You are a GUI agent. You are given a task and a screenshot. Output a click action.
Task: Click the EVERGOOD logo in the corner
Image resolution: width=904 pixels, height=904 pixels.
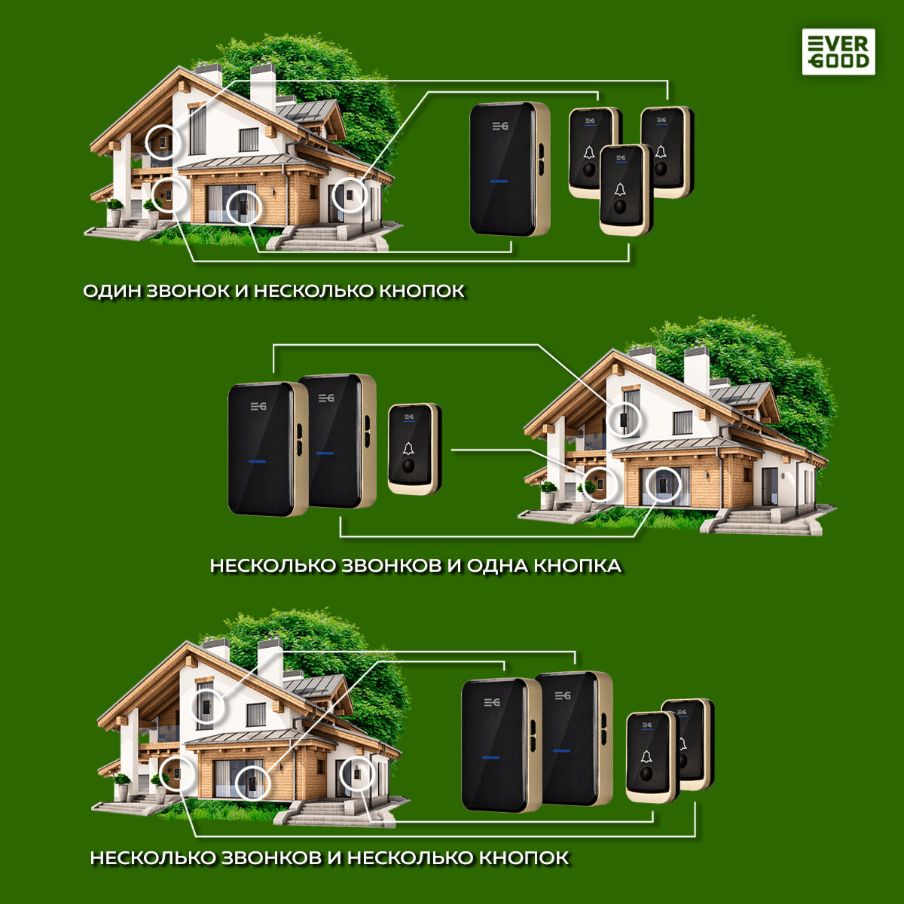[838, 51]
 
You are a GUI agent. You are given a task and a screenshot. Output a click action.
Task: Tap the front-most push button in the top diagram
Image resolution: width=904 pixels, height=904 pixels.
[625, 188]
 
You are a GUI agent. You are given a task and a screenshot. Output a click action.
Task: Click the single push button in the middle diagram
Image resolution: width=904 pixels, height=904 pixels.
[414, 449]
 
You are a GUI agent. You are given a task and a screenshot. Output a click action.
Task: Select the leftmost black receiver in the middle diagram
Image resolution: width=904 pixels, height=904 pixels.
[261, 450]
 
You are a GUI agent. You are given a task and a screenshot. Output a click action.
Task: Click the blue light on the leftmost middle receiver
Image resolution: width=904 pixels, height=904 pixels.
[256, 462]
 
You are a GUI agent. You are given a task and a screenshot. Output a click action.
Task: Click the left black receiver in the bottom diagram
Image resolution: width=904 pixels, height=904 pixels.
[495, 745]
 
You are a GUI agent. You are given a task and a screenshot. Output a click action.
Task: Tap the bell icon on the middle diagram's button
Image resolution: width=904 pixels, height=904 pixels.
[408, 449]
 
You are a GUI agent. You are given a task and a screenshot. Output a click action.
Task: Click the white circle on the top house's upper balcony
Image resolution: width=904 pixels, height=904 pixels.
[163, 141]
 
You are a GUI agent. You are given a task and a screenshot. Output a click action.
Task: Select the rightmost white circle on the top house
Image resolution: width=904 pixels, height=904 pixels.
[350, 194]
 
